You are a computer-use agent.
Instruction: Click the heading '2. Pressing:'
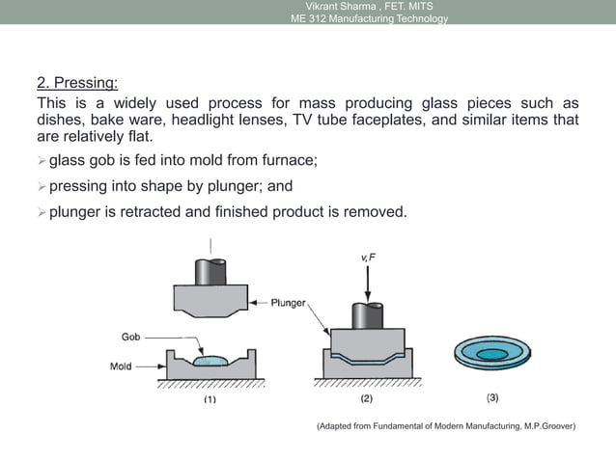click(x=77, y=84)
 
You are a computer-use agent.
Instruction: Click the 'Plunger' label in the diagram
click(x=283, y=302)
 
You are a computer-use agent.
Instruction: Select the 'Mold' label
click(x=121, y=366)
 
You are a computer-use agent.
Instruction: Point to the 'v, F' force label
click(x=368, y=258)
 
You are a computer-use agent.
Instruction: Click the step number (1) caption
click(x=209, y=398)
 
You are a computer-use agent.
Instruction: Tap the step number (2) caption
click(x=366, y=398)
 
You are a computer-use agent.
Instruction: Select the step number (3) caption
click(x=492, y=397)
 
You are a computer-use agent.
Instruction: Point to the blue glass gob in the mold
click(x=210, y=360)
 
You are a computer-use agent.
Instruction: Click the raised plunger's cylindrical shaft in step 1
click(x=210, y=271)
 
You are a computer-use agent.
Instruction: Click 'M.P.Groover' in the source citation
click(x=546, y=425)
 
